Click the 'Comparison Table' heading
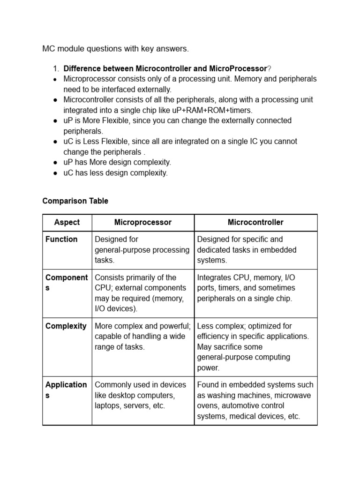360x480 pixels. click(x=75, y=201)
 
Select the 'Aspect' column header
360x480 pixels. click(x=67, y=222)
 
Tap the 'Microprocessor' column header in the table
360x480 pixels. click(x=143, y=222)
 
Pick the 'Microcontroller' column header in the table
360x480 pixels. click(x=255, y=222)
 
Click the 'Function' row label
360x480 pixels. click(x=61, y=239)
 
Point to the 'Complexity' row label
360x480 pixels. click(x=66, y=326)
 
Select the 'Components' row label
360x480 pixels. click(x=67, y=283)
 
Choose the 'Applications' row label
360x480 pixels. click(x=66, y=390)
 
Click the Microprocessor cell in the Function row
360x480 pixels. click(x=142, y=249)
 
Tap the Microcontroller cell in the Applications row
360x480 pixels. click(x=255, y=400)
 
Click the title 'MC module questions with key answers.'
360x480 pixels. click(x=115, y=49)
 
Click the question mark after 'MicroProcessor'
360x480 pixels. click(x=269, y=68)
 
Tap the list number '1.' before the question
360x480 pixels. click(x=56, y=68)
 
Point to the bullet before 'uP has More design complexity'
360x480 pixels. click(x=55, y=163)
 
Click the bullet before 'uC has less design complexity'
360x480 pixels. click(x=55, y=173)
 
